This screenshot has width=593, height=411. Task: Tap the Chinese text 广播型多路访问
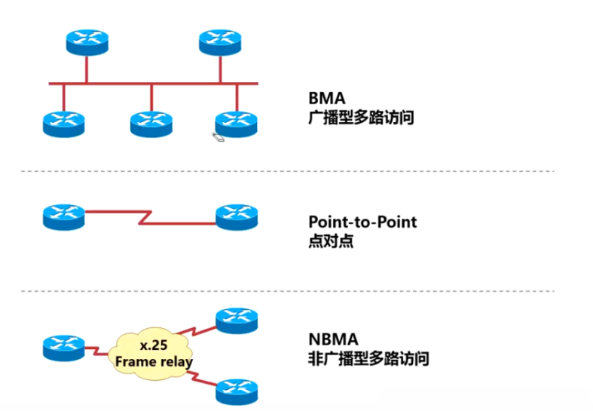(x=361, y=118)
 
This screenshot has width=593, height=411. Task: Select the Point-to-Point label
(x=362, y=222)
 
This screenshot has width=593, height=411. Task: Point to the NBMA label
(x=332, y=339)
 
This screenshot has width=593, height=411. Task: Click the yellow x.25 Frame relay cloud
(x=153, y=352)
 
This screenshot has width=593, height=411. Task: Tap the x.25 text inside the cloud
(x=154, y=345)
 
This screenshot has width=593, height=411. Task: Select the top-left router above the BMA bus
(x=87, y=41)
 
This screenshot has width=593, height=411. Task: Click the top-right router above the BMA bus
(x=221, y=41)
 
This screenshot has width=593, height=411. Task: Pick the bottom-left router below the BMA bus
(x=63, y=122)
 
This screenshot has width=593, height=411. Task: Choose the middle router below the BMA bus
(x=151, y=122)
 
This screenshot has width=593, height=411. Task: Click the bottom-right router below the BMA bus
(x=237, y=122)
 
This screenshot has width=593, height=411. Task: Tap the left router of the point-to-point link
(x=64, y=216)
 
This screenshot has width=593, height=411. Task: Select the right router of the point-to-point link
(x=237, y=216)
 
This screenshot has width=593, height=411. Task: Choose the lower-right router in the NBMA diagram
(x=237, y=390)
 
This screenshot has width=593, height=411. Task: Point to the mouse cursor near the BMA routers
(x=218, y=136)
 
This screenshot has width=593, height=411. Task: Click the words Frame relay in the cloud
(x=154, y=362)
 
